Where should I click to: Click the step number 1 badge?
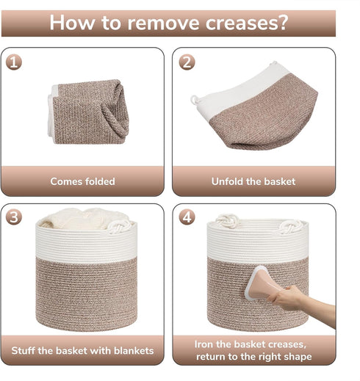pos(14,62)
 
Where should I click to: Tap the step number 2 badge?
pos(187,62)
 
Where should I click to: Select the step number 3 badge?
pos(14,217)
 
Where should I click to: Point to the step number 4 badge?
pos(187,217)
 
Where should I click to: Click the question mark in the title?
pos(283,22)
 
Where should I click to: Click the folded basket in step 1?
pos(88,112)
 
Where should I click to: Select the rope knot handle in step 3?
pos(119,226)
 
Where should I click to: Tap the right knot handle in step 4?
pos(291,227)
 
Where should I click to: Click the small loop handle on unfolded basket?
pos(195,99)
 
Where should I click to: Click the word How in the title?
pos(72,23)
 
